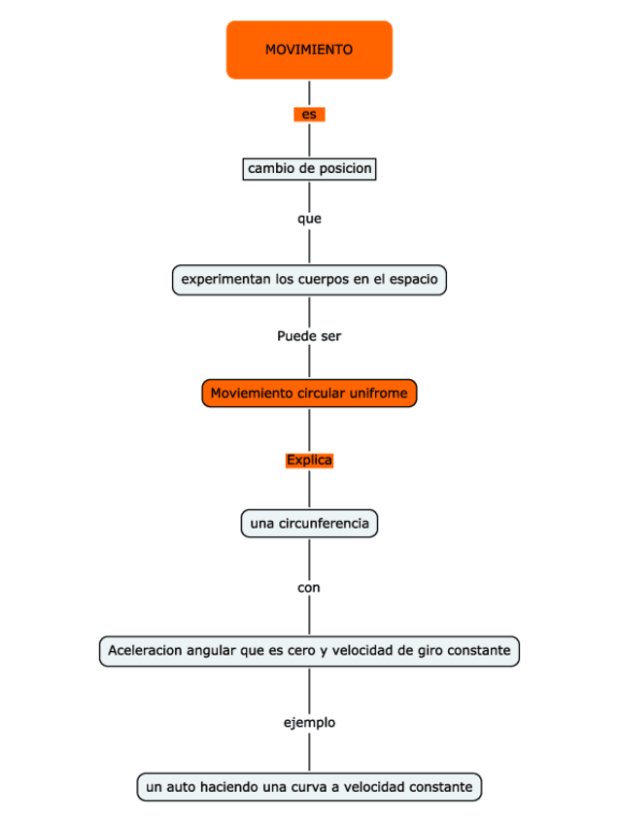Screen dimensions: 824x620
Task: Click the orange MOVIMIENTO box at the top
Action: (309, 50)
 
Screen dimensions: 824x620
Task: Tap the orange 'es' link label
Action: (309, 115)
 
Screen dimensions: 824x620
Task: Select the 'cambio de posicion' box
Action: (309, 169)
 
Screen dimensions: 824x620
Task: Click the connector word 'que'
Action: (309, 219)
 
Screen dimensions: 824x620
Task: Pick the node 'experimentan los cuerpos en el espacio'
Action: (309, 280)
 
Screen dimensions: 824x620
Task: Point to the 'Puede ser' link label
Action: (309, 336)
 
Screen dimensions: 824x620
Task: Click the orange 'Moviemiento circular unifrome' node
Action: (309, 394)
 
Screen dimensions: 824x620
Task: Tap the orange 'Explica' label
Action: (309, 460)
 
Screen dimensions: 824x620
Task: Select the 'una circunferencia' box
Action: (309, 524)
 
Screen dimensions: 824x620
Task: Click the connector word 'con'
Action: (309, 588)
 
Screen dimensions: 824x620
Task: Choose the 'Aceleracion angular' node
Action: (309, 650)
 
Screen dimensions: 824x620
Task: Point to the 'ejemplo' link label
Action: (309, 723)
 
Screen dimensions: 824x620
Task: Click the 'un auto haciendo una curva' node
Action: (309, 786)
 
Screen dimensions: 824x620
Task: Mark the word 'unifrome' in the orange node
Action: (381, 394)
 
